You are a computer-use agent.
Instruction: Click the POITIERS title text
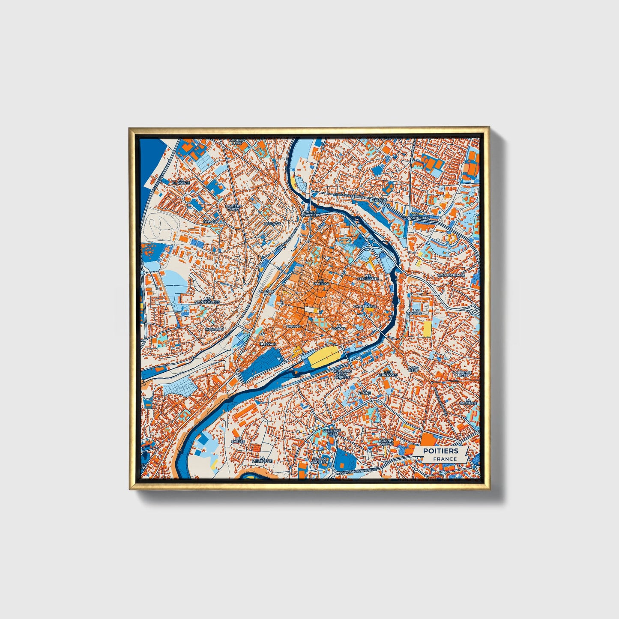tap(440, 451)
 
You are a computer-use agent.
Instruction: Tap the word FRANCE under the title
tap(445, 459)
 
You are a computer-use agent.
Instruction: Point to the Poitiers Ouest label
tap(233, 208)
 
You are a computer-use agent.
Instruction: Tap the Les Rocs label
tap(272, 224)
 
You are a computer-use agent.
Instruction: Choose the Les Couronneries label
tap(415, 216)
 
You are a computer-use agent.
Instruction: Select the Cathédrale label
tap(365, 307)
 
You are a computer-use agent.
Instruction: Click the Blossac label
tap(269, 344)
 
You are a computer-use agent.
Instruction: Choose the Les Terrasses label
tap(387, 374)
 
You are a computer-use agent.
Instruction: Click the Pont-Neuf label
tap(413, 369)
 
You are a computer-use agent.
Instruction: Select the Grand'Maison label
tap(387, 442)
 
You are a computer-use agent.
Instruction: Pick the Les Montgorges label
tap(207, 300)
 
